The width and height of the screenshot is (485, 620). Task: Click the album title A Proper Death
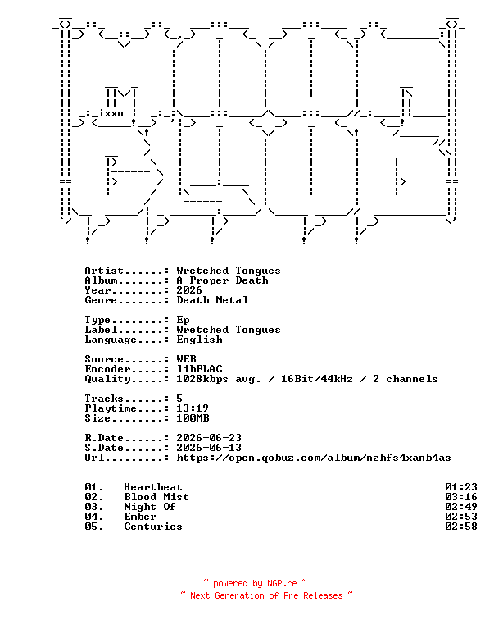(x=222, y=280)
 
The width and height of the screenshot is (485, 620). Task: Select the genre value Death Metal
(x=212, y=300)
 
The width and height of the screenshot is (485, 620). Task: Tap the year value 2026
(x=189, y=290)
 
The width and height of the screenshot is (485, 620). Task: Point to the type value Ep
(x=183, y=321)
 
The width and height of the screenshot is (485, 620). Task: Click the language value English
(x=199, y=340)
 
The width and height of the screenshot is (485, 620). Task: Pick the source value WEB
(x=186, y=359)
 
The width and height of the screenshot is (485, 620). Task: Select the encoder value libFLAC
(x=199, y=369)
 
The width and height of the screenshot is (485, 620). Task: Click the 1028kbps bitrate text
(x=202, y=379)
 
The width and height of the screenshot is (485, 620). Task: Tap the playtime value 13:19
(x=193, y=408)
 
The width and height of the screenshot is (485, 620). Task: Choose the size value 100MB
(x=193, y=418)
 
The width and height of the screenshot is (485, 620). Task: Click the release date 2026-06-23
(x=209, y=438)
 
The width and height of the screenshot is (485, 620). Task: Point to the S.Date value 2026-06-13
(x=209, y=448)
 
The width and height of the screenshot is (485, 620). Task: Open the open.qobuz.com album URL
(x=314, y=458)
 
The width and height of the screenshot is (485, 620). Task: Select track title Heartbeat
(x=153, y=487)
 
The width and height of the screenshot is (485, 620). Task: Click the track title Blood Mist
(x=156, y=497)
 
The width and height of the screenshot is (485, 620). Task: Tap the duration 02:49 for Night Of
(x=461, y=507)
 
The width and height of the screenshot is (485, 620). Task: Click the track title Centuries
(x=153, y=527)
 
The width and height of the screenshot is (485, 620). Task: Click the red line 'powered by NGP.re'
(x=255, y=583)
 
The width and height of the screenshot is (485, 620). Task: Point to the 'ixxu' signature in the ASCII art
(x=111, y=113)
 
